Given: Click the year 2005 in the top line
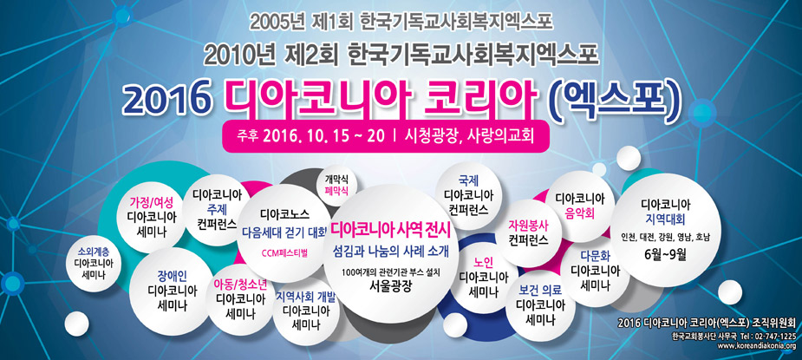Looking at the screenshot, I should [272, 19].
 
